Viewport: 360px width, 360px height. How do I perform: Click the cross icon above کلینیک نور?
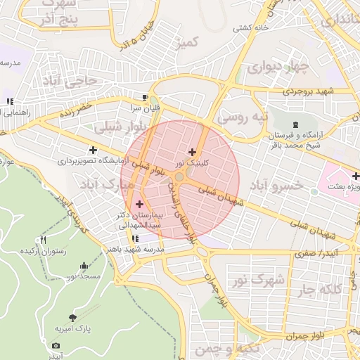pyautogui.click(x=192, y=152)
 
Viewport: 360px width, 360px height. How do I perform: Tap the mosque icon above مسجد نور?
pyautogui.click(x=85, y=266)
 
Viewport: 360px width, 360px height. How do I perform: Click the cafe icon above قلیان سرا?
pyautogui.click(x=145, y=98)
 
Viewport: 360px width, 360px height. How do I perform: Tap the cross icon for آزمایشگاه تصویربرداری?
pyautogui.click(x=93, y=150)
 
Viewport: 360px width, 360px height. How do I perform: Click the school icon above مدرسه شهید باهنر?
pyautogui.click(x=135, y=238)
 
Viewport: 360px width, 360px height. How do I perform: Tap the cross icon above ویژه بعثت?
pyautogui.click(x=356, y=176)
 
